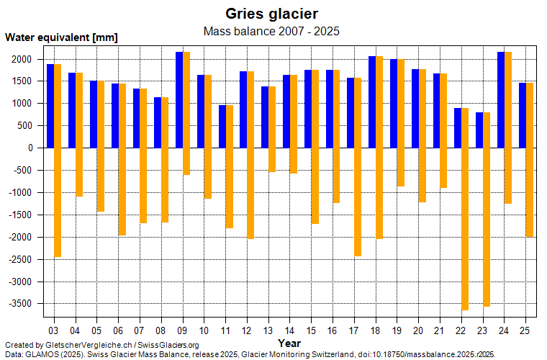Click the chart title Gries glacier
tap(272, 14)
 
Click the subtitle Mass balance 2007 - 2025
tap(272, 31)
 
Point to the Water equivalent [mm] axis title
tap(61, 37)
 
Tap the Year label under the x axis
tap(289, 343)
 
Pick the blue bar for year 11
tap(222, 127)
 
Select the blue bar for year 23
tap(479, 130)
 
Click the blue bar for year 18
tap(372, 102)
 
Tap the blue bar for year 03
tap(50, 106)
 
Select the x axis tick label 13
tap(268, 330)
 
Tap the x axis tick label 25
tap(525, 330)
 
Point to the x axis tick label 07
tap(139, 330)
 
